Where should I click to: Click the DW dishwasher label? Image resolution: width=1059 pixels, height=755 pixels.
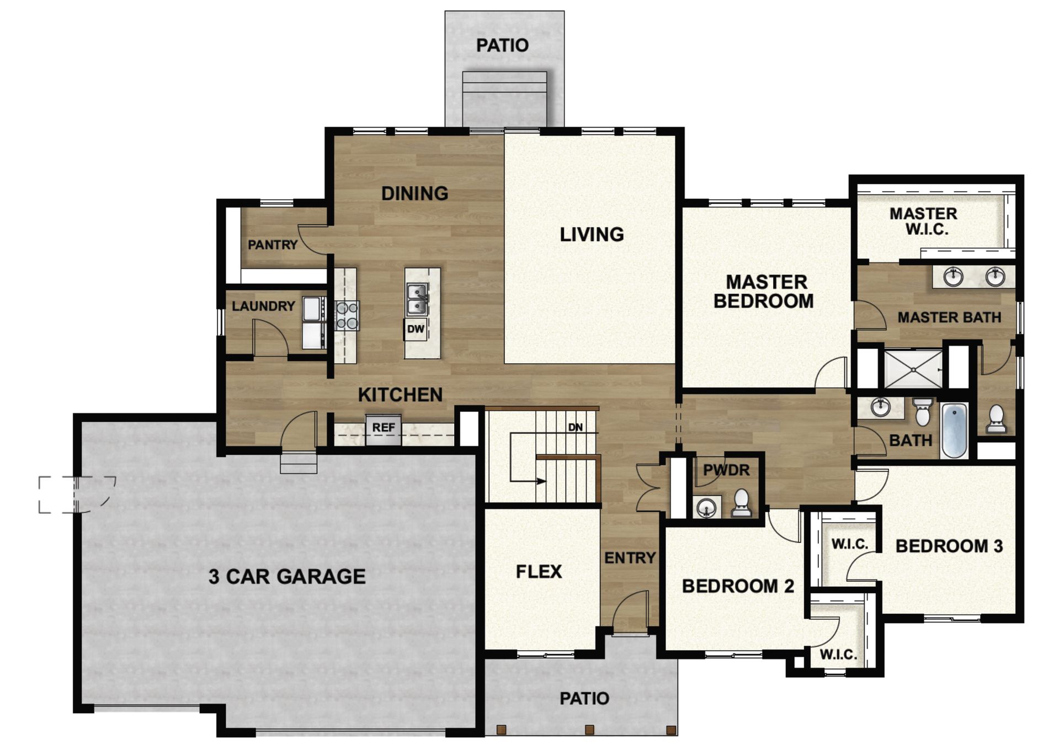coord(416,329)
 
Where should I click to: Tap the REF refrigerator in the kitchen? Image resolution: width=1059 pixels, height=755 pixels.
coord(383,428)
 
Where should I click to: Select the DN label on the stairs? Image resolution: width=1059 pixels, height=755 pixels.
coord(575,427)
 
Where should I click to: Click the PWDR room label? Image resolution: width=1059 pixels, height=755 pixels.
coord(726,470)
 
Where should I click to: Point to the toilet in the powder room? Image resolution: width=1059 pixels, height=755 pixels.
coord(741,503)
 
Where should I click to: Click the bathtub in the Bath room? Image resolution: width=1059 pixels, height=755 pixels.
coord(954,430)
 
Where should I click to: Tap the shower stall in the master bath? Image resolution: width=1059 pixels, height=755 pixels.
coord(913,369)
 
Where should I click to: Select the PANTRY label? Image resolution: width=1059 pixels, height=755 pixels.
coord(272,244)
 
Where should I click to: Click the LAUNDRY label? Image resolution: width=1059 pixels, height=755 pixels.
coord(263,306)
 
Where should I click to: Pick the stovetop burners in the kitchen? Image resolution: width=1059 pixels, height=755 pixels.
coord(347,316)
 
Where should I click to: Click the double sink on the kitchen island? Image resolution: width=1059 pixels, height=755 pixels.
coord(417,299)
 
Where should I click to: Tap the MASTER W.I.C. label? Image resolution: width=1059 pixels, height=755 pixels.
coord(924,221)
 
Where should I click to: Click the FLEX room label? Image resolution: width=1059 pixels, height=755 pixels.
coord(539,571)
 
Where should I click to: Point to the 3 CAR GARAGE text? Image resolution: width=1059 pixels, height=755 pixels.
coord(287,577)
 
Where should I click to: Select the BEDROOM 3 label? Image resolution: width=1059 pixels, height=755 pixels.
coord(949,546)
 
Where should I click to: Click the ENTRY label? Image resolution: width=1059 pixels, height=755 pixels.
coord(630,558)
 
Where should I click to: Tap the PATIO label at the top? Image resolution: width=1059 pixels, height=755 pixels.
coord(502,45)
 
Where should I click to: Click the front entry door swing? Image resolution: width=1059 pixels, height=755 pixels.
coord(629,610)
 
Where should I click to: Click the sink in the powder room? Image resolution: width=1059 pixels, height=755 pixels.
coord(706,507)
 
